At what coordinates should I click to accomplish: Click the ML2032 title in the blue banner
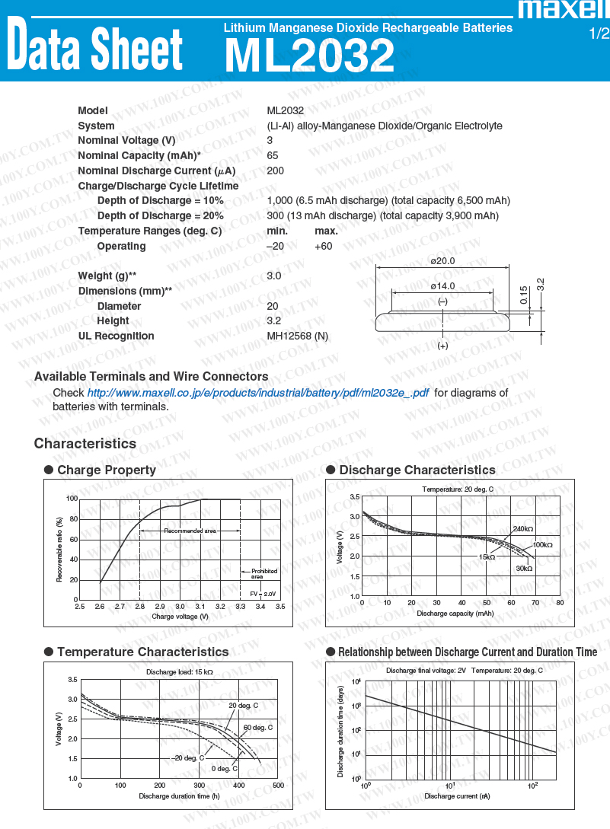[x=309, y=56]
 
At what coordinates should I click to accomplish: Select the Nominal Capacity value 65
[x=273, y=155]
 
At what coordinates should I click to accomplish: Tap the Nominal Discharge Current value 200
[x=276, y=171]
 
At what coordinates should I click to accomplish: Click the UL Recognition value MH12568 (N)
[x=298, y=336]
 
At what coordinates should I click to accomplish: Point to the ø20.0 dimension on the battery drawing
[x=442, y=261]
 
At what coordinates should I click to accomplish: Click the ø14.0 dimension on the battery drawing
[x=442, y=286]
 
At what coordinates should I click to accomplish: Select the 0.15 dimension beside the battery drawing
[x=524, y=295]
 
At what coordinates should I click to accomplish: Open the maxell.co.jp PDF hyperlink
[x=257, y=393]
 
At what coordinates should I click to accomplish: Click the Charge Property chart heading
[x=107, y=470]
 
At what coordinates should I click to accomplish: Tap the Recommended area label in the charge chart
[x=190, y=531]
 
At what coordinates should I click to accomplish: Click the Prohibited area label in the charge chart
[x=264, y=574]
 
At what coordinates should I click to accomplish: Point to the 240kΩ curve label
[x=523, y=528]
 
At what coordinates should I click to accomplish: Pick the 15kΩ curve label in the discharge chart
[x=487, y=557]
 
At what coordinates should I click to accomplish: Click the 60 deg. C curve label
[x=257, y=728]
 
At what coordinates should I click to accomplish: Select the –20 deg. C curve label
[x=187, y=757]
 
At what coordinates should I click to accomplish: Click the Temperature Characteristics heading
[x=142, y=652]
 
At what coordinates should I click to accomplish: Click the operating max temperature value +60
[x=323, y=246]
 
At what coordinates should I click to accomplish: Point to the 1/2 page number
[x=599, y=33]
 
